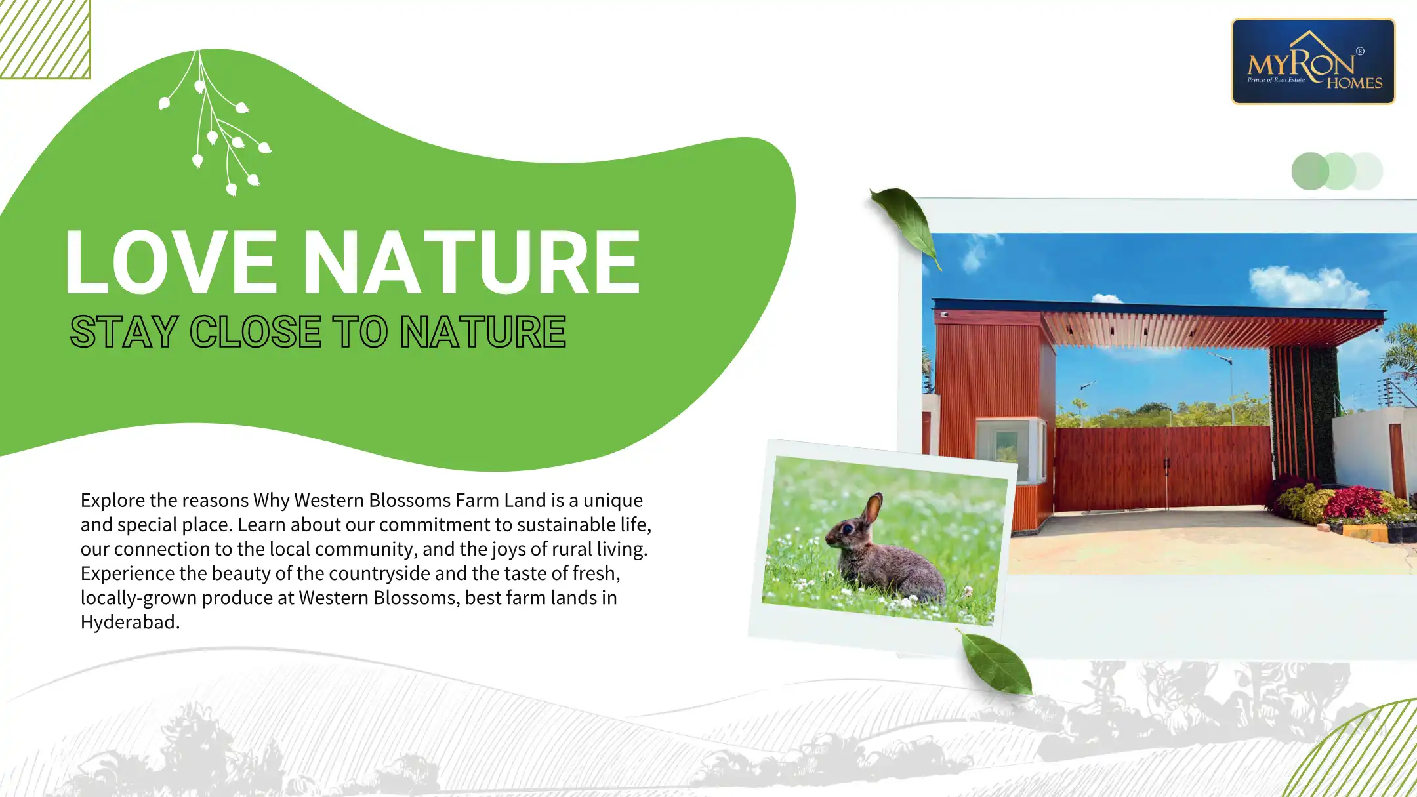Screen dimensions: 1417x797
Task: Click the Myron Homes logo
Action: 1313,61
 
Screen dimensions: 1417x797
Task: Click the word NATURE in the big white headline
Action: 472,262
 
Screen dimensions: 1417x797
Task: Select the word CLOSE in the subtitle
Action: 256,331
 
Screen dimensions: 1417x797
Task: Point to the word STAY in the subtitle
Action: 124,331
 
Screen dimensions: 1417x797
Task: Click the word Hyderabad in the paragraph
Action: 130,621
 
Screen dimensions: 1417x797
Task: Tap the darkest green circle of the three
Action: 1309,171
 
